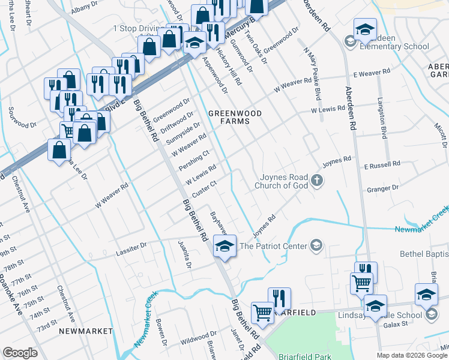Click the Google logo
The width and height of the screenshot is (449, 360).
coord(20,353)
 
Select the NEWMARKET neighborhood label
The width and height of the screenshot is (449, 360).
coord(86,331)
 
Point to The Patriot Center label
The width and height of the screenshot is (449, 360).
coord(273,245)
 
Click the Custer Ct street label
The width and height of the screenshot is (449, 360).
coord(204,187)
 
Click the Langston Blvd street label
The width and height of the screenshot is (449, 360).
coord(381,114)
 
